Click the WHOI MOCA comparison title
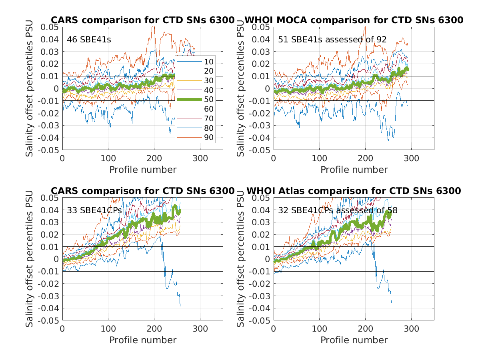click(x=354, y=20)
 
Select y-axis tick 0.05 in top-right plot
click(x=262, y=27)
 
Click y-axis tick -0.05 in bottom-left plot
click(x=50, y=321)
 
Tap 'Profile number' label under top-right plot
click(x=354, y=170)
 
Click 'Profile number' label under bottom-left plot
click(x=142, y=340)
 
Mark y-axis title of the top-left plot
click(x=30, y=89)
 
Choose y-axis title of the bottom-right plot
click(x=241, y=259)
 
